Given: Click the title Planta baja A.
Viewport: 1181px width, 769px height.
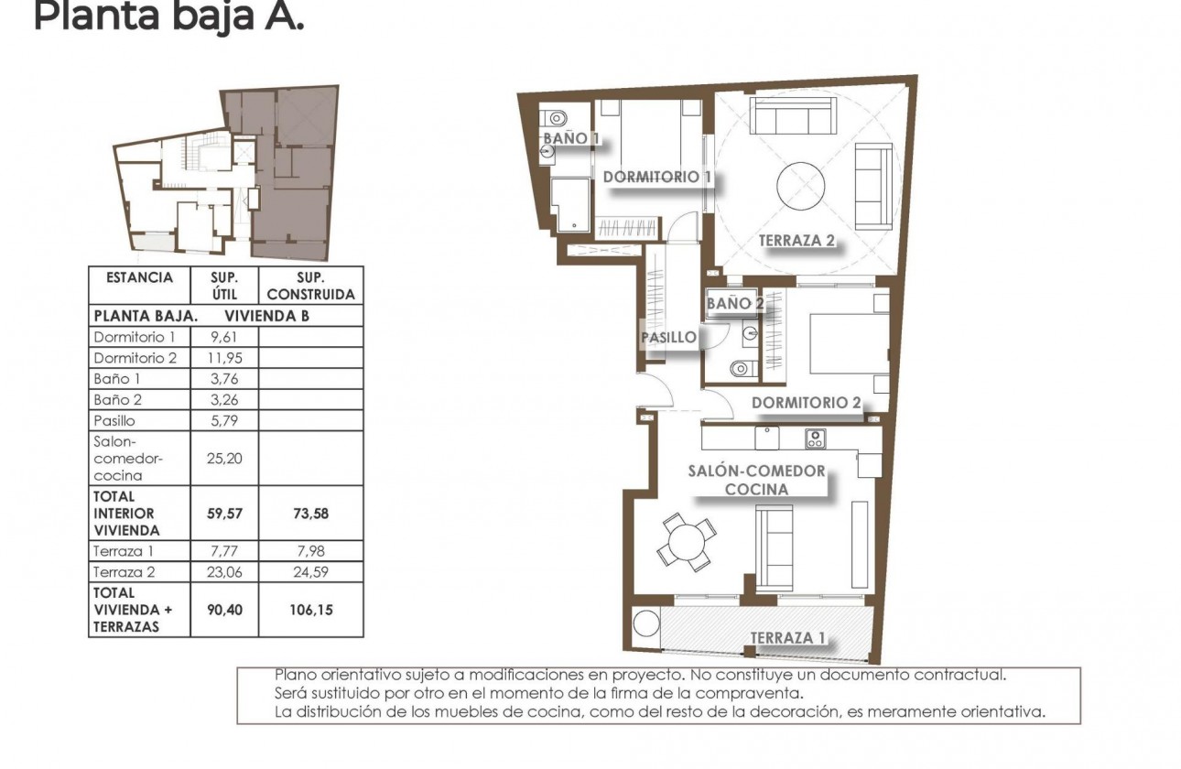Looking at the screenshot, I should (168, 16).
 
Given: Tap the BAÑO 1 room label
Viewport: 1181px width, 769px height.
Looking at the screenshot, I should (571, 138).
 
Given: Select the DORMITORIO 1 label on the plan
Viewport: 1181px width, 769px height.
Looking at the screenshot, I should (656, 177).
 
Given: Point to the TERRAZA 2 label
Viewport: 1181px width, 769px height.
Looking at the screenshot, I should (796, 241).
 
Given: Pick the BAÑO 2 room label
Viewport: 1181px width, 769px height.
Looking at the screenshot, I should (734, 303).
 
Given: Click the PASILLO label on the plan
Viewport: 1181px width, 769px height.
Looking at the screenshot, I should (668, 337).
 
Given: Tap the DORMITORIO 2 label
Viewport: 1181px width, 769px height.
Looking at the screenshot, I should (806, 403).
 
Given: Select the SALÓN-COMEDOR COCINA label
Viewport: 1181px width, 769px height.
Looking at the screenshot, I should (756, 480).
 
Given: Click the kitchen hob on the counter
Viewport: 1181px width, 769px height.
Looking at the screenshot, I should (815, 439).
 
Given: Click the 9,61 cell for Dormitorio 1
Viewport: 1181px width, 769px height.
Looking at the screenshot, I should (223, 337).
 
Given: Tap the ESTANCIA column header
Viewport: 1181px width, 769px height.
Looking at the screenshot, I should (139, 277).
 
